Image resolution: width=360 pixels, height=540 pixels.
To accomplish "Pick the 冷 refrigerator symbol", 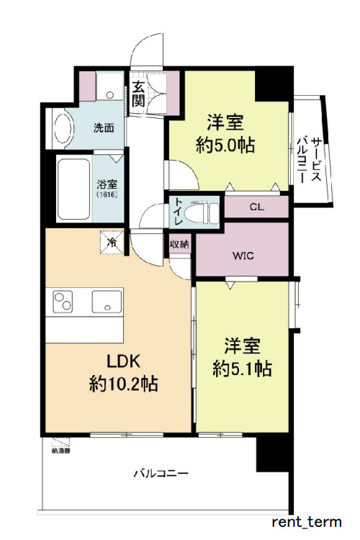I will click(x=112, y=243).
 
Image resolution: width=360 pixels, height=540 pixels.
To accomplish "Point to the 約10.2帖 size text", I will click(x=124, y=384).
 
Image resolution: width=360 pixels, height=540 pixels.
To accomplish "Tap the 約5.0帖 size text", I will click(x=225, y=143).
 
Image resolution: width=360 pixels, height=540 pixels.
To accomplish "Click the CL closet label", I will click(x=256, y=207).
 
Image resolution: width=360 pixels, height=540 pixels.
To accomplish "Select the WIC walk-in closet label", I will click(x=242, y=255).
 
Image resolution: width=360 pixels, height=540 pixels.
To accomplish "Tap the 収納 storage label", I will click(x=179, y=245).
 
